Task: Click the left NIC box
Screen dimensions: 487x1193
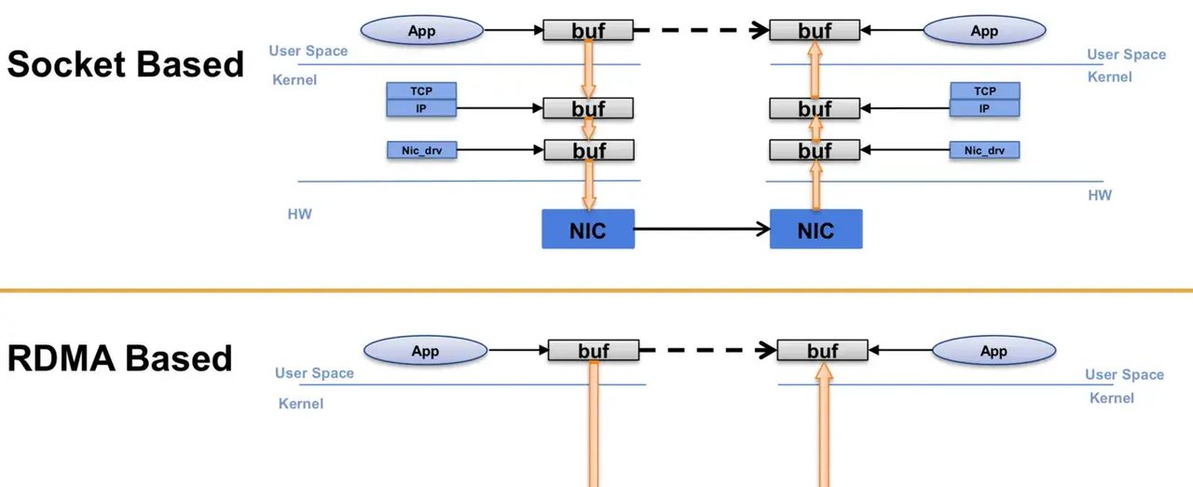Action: (588, 229)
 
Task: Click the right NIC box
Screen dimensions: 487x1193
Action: (816, 229)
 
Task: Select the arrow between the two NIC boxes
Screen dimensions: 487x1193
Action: (702, 228)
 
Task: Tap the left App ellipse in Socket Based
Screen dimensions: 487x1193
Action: (422, 31)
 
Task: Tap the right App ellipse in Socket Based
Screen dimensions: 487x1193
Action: (984, 31)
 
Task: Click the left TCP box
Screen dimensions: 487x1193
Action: (422, 90)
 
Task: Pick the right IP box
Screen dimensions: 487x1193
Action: (985, 108)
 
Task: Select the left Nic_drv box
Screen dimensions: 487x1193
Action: (422, 150)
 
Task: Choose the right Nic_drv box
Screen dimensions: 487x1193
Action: (985, 150)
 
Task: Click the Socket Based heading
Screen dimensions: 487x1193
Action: (126, 64)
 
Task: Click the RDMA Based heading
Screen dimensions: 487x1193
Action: (119, 358)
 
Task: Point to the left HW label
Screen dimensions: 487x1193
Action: (299, 215)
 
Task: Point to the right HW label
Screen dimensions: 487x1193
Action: (1100, 196)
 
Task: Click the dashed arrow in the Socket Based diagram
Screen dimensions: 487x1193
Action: (701, 31)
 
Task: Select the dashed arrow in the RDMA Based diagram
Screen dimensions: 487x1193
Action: (708, 351)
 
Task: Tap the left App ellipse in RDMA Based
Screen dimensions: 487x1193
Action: (425, 352)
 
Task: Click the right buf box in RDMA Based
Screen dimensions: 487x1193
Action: (822, 351)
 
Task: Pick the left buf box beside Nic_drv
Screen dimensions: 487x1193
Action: (588, 150)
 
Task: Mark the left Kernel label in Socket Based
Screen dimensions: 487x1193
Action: (295, 80)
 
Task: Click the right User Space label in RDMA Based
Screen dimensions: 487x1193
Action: (1124, 374)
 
